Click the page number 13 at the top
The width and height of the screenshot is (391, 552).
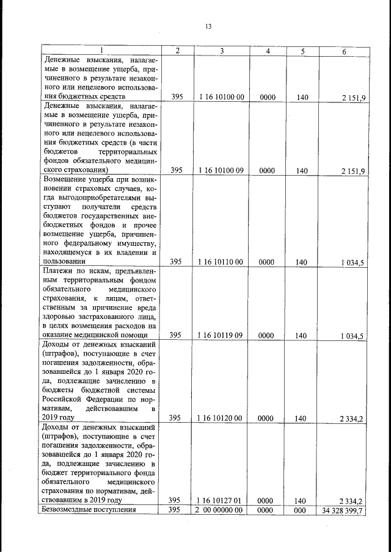click(x=208, y=26)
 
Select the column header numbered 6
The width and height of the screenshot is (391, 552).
click(x=345, y=51)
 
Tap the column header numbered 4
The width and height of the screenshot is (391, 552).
click(x=268, y=51)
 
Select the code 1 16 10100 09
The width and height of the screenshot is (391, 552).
click(x=222, y=171)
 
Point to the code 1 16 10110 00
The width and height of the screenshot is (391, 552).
click(x=222, y=262)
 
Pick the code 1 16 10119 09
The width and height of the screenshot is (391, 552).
click(x=222, y=335)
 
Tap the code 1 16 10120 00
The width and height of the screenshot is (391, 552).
click(x=222, y=418)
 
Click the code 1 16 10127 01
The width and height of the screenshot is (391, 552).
click(x=222, y=500)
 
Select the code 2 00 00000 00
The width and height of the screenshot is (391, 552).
click(x=222, y=511)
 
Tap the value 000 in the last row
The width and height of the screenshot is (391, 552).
click(x=301, y=511)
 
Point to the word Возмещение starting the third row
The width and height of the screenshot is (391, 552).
click(x=67, y=179)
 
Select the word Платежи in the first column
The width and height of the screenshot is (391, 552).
click(x=59, y=270)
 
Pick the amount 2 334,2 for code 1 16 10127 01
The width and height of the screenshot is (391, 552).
click(x=352, y=501)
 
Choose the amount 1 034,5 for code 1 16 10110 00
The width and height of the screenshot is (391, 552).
click(x=352, y=263)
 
